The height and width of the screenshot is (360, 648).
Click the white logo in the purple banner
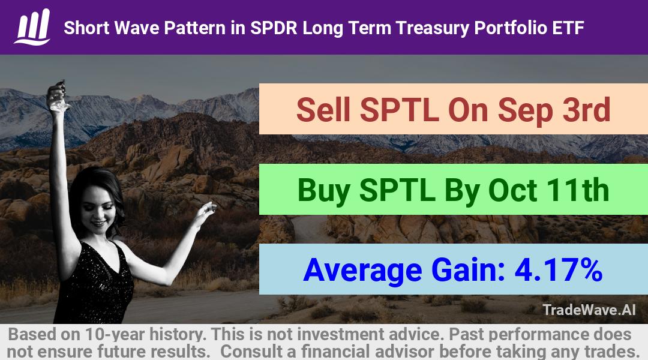click(x=32, y=27)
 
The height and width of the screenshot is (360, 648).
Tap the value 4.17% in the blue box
click(x=558, y=270)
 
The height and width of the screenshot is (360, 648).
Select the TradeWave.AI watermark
click(x=589, y=310)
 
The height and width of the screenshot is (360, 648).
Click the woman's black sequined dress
click(x=95, y=284)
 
